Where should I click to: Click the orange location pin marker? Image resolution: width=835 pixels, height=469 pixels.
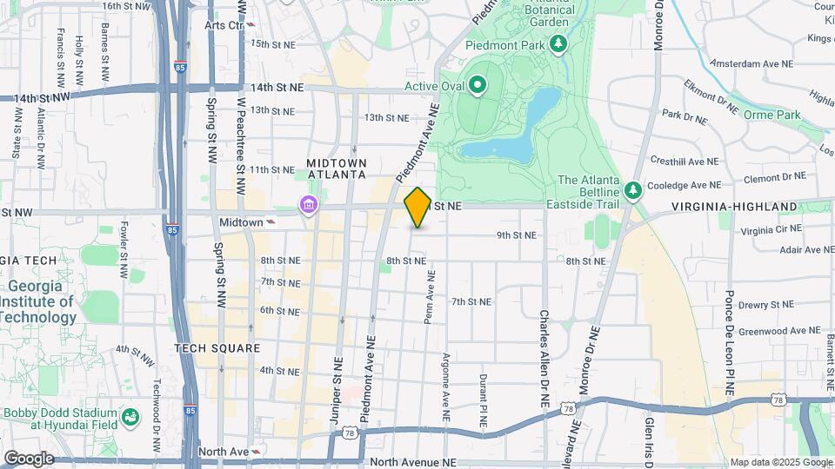pyautogui.click(x=417, y=207)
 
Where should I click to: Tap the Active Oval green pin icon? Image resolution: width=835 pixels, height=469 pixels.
pyautogui.click(x=477, y=85)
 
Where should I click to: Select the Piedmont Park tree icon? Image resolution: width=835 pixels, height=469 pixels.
pyautogui.click(x=558, y=43)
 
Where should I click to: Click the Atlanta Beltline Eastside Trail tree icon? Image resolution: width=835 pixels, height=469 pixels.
pyautogui.click(x=634, y=188)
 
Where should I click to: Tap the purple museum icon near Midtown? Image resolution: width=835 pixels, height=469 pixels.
pyautogui.click(x=307, y=206)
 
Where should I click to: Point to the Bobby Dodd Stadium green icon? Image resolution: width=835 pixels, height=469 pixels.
pyautogui.click(x=130, y=419)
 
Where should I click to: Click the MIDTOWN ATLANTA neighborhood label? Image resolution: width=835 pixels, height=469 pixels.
pyautogui.click(x=336, y=168)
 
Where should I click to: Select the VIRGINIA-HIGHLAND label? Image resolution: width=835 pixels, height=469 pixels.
pyautogui.click(x=734, y=206)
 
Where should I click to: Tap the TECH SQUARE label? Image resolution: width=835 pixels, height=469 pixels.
pyautogui.click(x=217, y=348)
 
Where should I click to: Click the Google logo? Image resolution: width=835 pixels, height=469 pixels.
pyautogui.click(x=28, y=458)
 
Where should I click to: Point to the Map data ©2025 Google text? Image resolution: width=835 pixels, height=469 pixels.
pyautogui.click(x=780, y=462)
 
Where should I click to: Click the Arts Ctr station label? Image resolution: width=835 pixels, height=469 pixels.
pyautogui.click(x=224, y=25)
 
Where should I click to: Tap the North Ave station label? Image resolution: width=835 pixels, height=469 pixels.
pyautogui.click(x=224, y=452)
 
